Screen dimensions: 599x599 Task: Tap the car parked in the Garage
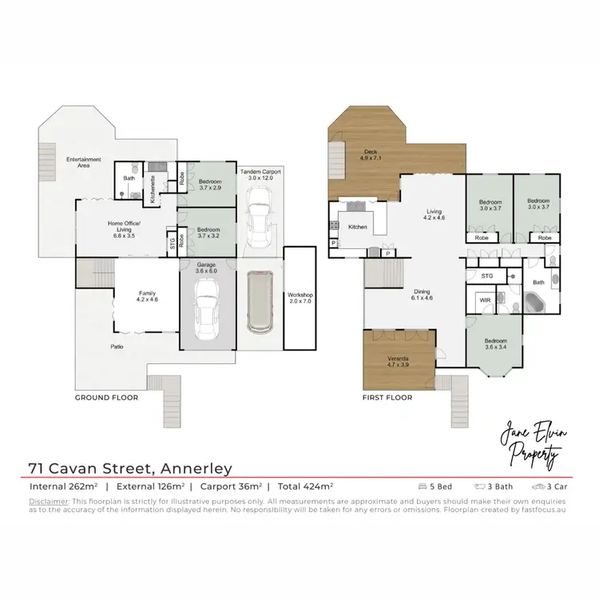[208, 313]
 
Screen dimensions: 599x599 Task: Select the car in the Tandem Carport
[260, 224]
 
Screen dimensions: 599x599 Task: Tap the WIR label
[485, 301]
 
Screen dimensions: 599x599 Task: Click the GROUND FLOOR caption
[107, 397]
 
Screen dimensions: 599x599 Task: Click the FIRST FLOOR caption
[387, 397]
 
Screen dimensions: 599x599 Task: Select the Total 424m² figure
[305, 486]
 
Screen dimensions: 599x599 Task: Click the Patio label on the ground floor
[117, 347]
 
